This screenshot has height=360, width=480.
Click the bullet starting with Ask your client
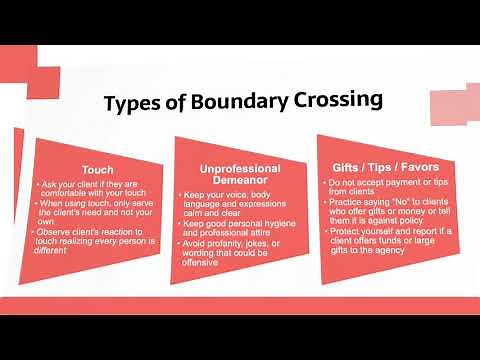[x=95, y=190]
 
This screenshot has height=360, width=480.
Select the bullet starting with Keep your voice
[x=238, y=198]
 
